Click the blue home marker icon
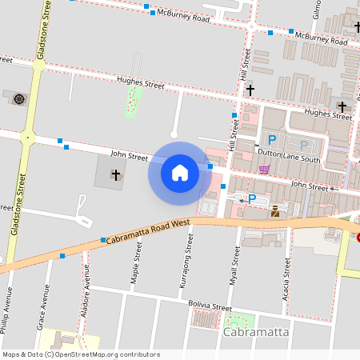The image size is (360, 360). tap(180, 172)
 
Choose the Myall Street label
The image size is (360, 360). tap(236, 266)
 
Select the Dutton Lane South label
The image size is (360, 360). tap(288, 160)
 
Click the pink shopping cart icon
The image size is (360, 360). tap(264, 170)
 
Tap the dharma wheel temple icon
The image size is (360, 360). tap(18, 99)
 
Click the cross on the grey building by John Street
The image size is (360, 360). tap(115, 174)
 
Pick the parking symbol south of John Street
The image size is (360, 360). tap(252, 198)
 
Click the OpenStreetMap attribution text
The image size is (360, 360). tap(81, 354)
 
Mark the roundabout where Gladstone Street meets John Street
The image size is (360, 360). tap(28, 138)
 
